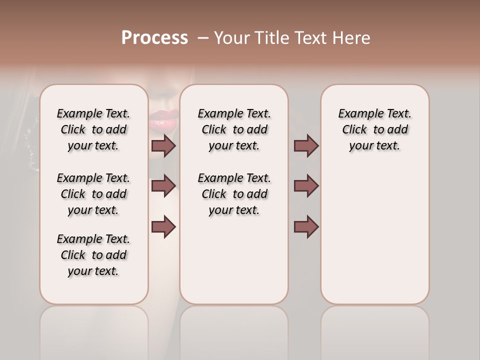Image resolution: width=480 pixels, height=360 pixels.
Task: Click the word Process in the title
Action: [154, 37]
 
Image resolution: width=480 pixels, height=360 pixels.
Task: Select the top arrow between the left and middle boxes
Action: [163, 145]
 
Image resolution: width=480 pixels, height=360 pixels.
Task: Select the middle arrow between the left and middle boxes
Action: [163, 185]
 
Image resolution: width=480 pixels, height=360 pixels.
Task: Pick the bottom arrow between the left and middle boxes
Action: [163, 226]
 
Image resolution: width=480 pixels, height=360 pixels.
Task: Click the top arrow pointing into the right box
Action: [306, 145]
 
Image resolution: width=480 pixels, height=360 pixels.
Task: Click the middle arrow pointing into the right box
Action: [306, 185]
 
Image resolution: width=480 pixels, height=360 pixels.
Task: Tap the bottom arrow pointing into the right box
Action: [306, 226]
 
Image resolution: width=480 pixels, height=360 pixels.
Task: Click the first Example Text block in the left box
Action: [93, 129]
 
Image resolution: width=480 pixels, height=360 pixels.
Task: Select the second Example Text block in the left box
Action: [93, 194]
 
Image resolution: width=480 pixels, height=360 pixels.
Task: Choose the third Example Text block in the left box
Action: [93, 255]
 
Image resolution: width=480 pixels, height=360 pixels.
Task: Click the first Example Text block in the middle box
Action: [234, 129]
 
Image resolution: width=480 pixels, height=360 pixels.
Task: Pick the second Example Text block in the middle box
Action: [234, 194]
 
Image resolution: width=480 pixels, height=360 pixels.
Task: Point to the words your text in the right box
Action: [374, 146]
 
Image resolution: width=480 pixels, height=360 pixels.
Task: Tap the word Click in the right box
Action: [354, 130]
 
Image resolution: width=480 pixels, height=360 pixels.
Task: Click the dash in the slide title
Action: [203, 38]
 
